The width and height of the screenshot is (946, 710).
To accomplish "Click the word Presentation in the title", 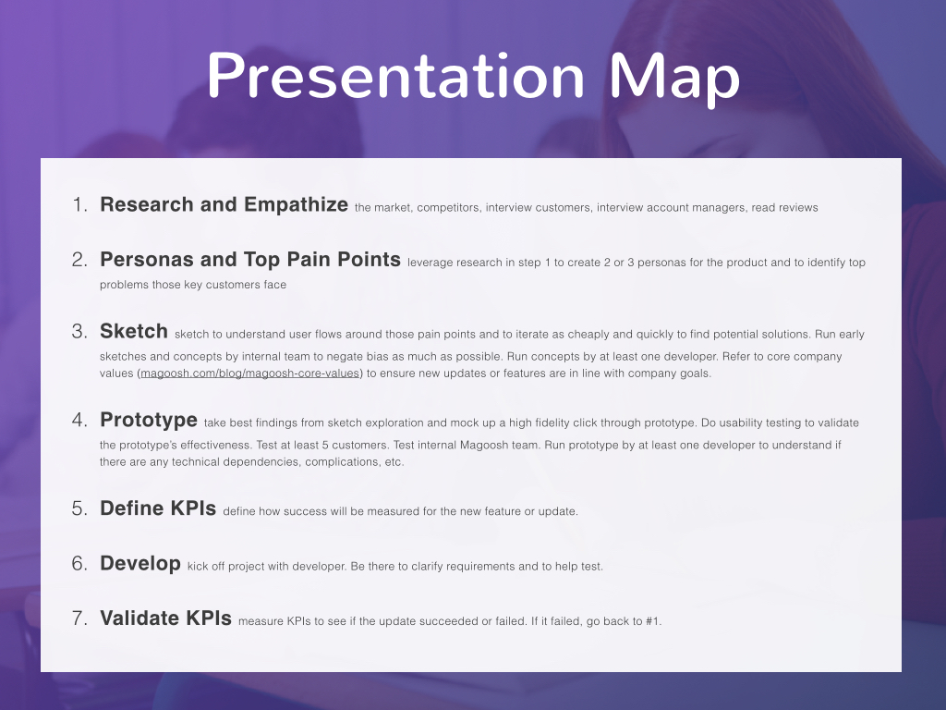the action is [395, 76].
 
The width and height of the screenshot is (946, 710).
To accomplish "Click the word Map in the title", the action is [674, 79].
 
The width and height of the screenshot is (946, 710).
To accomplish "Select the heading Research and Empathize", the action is [224, 205].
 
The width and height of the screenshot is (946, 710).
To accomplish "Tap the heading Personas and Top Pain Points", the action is [250, 260].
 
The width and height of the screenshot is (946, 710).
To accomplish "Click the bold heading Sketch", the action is [134, 332].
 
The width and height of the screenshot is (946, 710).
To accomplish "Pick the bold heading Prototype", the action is [149, 421].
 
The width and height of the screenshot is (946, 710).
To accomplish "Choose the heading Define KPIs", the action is [158, 508].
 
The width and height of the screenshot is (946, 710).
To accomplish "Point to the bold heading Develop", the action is [140, 564].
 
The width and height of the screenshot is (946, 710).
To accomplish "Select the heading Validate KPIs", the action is [166, 618].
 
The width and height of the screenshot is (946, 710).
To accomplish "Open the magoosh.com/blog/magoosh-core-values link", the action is [249, 373].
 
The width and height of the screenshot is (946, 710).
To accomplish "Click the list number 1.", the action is [79, 205].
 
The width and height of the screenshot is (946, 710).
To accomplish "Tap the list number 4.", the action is [79, 421].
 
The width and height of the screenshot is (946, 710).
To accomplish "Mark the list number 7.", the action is [79, 618].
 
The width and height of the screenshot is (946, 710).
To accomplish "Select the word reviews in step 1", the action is [799, 208].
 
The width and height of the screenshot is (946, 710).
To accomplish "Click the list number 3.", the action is [79, 332].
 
